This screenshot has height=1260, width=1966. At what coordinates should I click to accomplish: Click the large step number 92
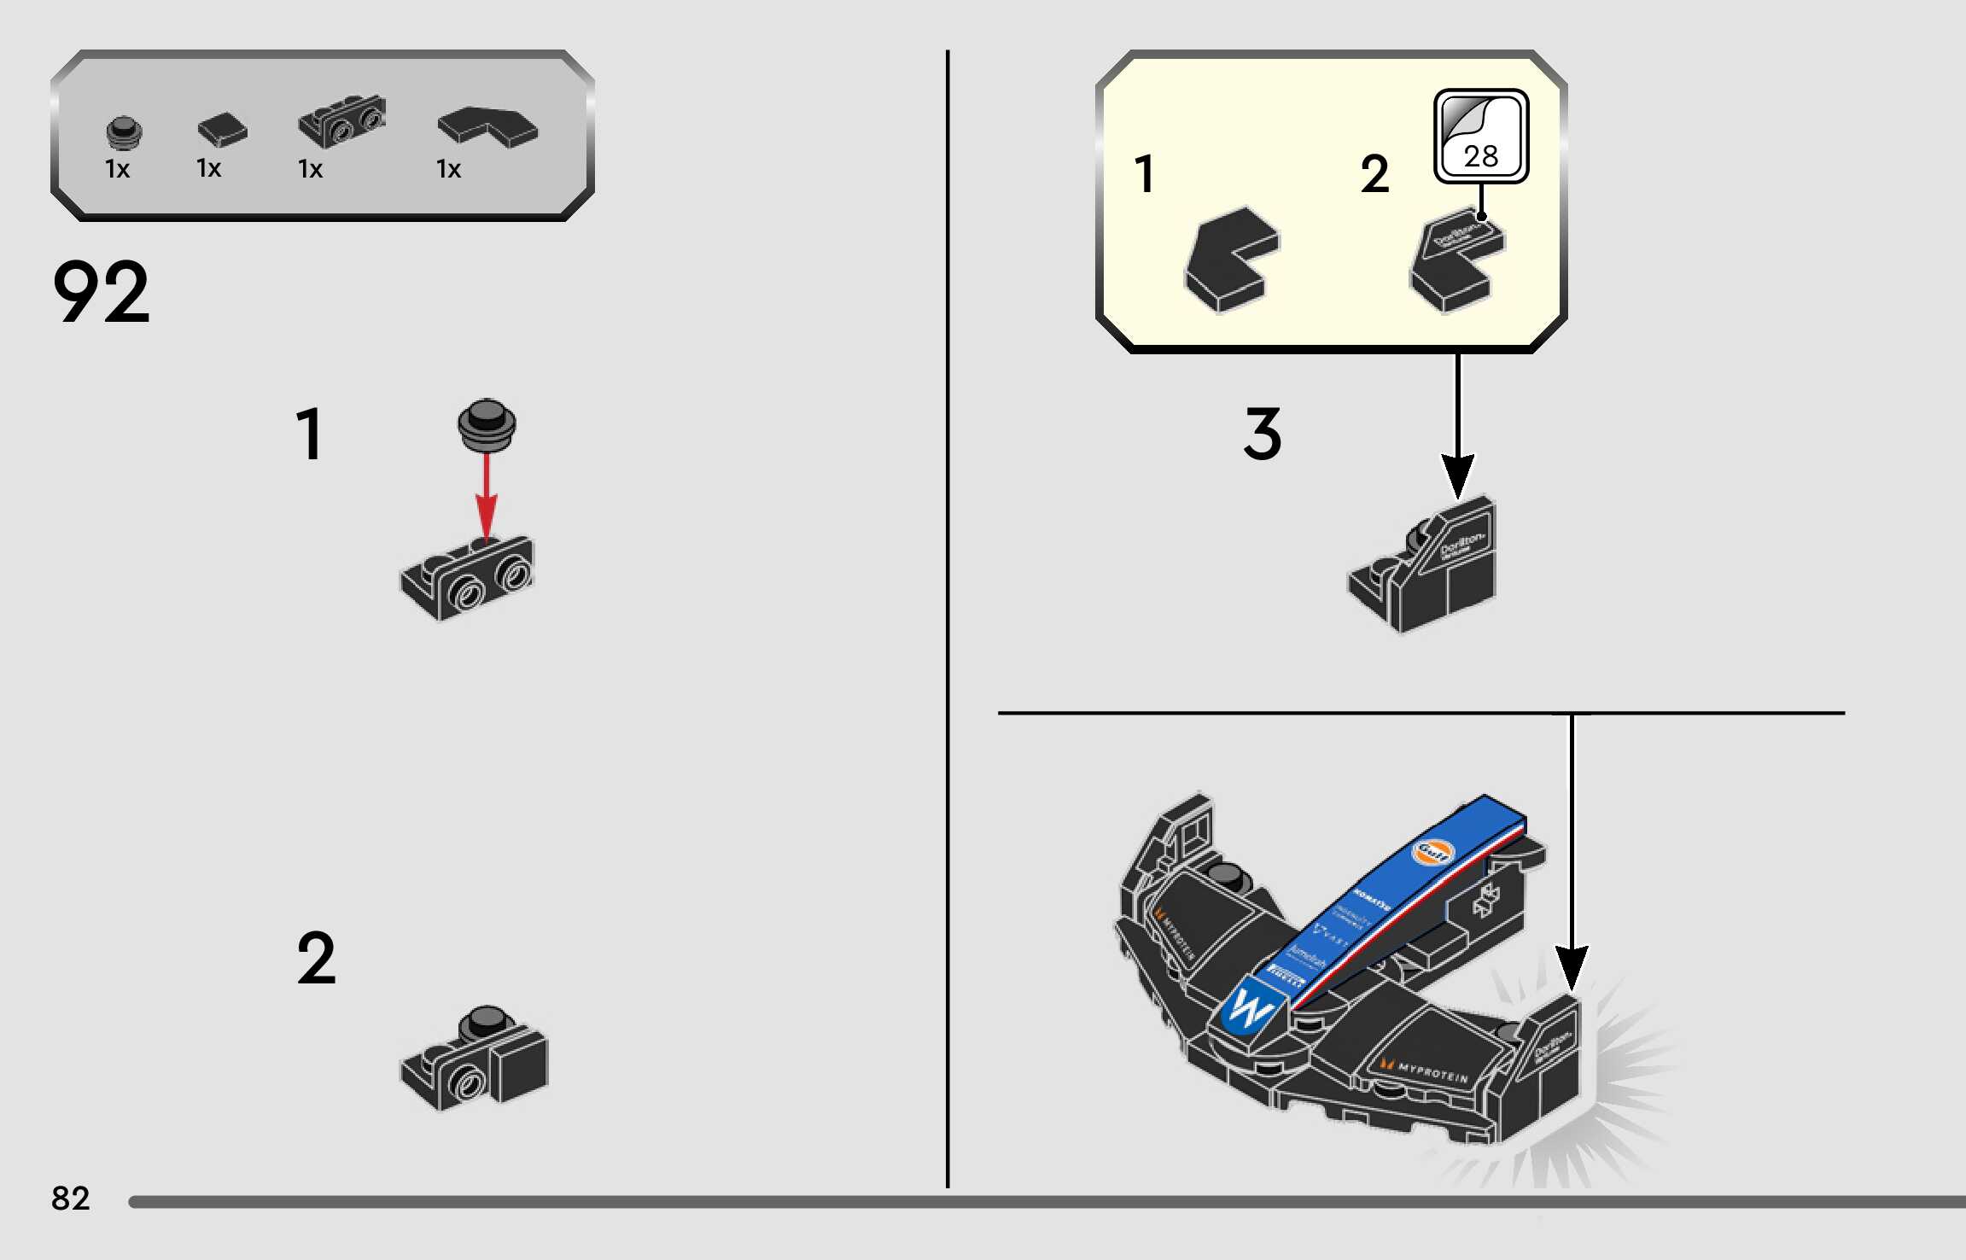(x=101, y=292)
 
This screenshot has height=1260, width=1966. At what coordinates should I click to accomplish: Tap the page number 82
(x=70, y=1198)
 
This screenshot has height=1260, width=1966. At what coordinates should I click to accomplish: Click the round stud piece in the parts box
(x=124, y=132)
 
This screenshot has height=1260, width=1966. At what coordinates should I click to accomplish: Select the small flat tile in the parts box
(x=222, y=130)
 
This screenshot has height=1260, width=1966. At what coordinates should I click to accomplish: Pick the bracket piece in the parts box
(x=341, y=121)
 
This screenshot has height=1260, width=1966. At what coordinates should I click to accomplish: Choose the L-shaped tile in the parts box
(x=487, y=126)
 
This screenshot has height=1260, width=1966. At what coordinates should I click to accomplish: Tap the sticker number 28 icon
(x=1481, y=137)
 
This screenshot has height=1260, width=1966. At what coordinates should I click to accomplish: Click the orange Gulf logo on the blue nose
(x=1432, y=851)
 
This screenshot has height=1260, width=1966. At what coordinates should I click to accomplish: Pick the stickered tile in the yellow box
(x=1456, y=260)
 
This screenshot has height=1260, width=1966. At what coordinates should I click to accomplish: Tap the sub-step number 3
(x=1263, y=434)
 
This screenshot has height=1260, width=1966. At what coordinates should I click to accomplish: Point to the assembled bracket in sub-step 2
(x=475, y=1059)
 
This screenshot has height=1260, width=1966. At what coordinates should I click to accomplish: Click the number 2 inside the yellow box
(x=1374, y=174)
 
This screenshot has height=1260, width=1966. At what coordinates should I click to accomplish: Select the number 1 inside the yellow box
(x=1145, y=174)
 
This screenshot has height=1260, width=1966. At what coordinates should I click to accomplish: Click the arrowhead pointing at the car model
(x=1572, y=969)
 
